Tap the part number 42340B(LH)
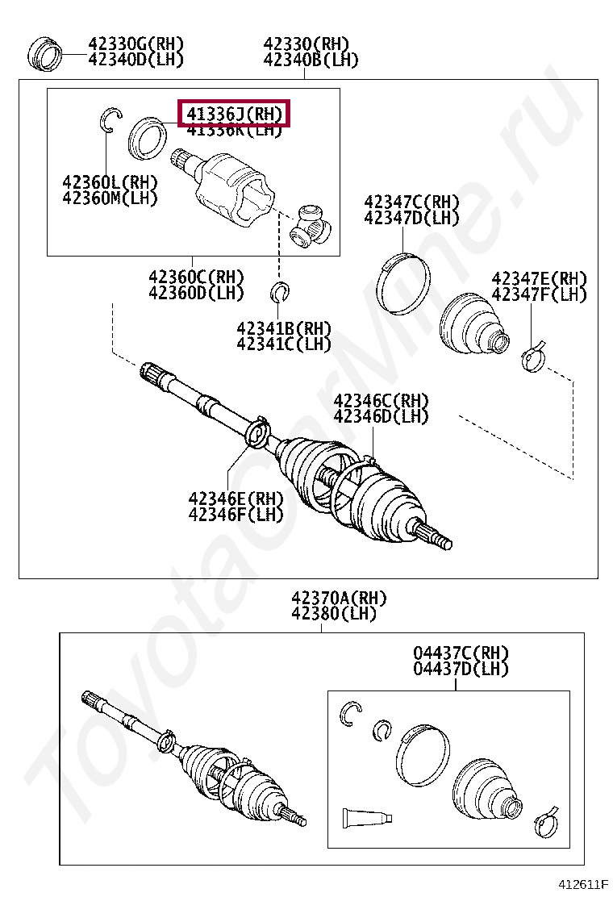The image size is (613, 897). click(311, 60)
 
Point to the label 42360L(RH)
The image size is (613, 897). click(110, 181)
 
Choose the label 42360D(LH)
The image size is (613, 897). click(196, 293)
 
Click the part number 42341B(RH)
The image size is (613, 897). click(284, 328)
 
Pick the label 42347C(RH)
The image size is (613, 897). click(411, 202)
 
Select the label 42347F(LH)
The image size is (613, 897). click(539, 294)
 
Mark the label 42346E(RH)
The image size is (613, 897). click(236, 498)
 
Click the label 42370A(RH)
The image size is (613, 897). click(339, 599)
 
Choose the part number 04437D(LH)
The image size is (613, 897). click(461, 669)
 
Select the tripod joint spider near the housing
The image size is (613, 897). click(310, 225)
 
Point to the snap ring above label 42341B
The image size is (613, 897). click(281, 291)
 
